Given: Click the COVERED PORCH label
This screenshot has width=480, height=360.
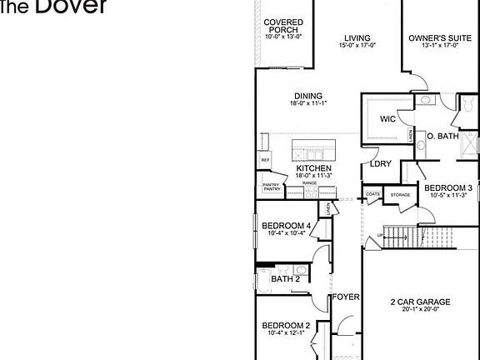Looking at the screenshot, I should point(283,26).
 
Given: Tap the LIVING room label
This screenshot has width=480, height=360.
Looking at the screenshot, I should point(358,37).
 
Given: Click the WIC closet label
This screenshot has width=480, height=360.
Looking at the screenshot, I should point(387,119).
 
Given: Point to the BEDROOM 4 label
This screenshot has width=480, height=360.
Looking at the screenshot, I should point(286,227).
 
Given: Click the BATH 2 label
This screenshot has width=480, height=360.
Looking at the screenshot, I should point(285,279).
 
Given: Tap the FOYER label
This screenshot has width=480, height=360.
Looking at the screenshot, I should point(346,297).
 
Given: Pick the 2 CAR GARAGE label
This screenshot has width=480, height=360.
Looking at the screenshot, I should point(420,302).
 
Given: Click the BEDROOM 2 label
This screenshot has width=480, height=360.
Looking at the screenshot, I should point(286,326).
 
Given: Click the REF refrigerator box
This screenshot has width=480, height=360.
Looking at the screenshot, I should point(266,160).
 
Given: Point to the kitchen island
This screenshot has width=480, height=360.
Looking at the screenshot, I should point(314,150).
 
